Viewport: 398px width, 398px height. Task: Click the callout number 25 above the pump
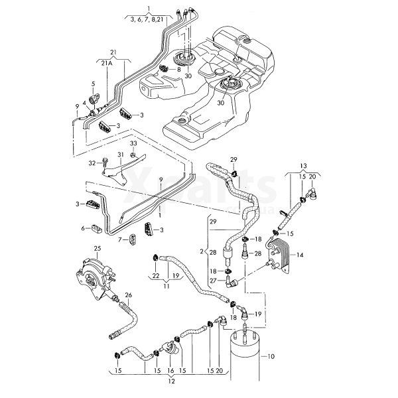98,248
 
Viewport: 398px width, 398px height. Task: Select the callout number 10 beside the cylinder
271,357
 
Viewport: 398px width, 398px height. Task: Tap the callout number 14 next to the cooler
300,255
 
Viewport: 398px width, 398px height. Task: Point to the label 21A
107,63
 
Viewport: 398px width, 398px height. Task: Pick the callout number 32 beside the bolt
92,163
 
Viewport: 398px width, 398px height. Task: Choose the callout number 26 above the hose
129,295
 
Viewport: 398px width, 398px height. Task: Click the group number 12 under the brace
172,381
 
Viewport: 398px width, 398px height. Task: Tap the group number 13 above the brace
303,166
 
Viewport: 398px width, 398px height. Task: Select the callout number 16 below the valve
170,371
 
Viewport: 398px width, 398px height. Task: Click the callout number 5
93,84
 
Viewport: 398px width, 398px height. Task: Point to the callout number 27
214,281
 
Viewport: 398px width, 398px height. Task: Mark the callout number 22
156,276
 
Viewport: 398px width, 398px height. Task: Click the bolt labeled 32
104,162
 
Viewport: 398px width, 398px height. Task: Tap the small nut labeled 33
133,155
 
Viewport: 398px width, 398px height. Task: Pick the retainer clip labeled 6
97,228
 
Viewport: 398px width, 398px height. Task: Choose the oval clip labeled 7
133,239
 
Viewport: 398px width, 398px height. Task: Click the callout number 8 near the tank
178,69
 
